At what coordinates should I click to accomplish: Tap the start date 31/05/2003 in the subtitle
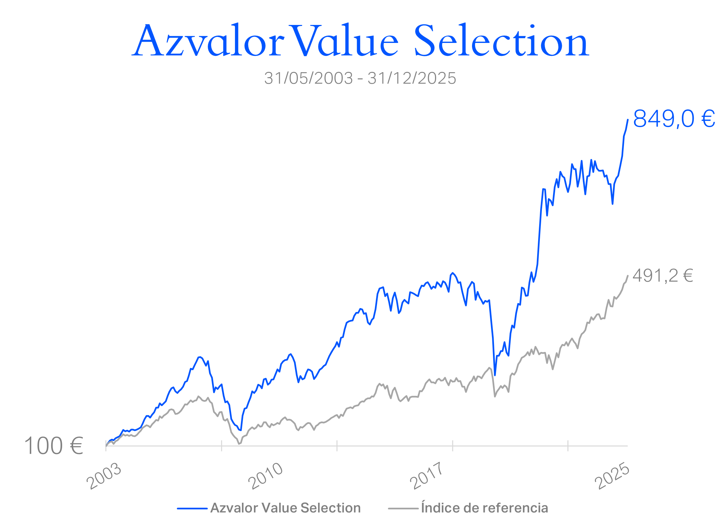(x=308, y=79)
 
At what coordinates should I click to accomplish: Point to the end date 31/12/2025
(x=412, y=79)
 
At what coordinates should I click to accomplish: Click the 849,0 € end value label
(x=674, y=119)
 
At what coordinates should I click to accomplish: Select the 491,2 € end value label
(x=662, y=276)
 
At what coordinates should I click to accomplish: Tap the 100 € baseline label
(x=54, y=446)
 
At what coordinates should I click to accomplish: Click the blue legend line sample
(x=192, y=508)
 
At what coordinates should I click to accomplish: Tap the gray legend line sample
(x=403, y=508)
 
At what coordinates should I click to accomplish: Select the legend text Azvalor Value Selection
(x=286, y=508)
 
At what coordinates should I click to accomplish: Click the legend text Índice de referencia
(x=484, y=508)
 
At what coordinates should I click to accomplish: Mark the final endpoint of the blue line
(x=628, y=120)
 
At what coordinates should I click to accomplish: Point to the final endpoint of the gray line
(x=628, y=276)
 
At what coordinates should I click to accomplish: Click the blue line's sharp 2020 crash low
(x=495, y=375)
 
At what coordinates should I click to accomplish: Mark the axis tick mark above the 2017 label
(x=452, y=446)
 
